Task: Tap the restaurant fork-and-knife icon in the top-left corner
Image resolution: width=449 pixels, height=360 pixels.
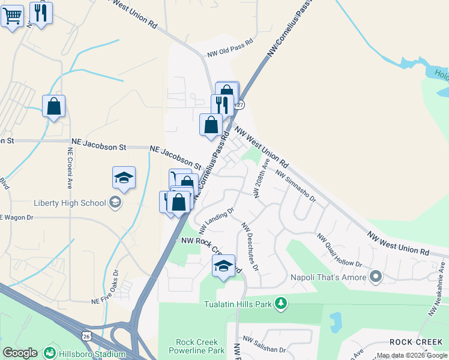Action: [x=40, y=13]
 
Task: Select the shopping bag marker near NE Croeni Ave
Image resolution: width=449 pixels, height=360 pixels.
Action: [x=54, y=107]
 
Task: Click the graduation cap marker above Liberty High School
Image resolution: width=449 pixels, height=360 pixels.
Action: [x=124, y=178]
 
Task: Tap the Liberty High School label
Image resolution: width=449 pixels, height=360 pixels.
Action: [x=70, y=203]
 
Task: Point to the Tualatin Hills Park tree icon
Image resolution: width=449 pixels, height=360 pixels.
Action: [x=279, y=304]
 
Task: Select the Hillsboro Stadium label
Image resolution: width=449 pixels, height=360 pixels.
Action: [x=92, y=354]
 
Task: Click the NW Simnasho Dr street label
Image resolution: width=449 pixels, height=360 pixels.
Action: [x=295, y=186]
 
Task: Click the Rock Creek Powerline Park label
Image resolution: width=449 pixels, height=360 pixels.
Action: [x=200, y=346]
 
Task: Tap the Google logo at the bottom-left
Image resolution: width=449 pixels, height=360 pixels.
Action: [x=20, y=353]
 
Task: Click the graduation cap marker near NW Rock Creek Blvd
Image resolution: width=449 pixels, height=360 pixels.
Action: [x=223, y=266]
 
